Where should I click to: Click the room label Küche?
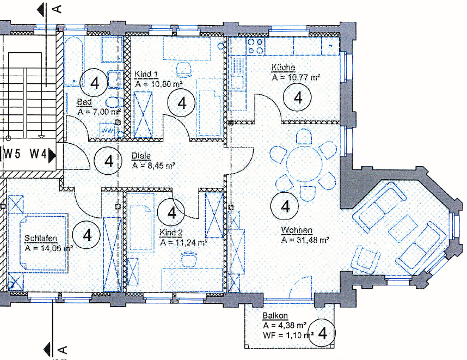click(x=283, y=68)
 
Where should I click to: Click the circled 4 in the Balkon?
click(x=322, y=333)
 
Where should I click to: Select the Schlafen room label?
click(x=41, y=239)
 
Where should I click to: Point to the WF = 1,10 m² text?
click(x=287, y=335)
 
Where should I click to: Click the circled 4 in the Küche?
click(x=298, y=97)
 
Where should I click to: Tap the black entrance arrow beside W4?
click(x=52, y=155)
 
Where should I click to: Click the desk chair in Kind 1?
click(x=184, y=68)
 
